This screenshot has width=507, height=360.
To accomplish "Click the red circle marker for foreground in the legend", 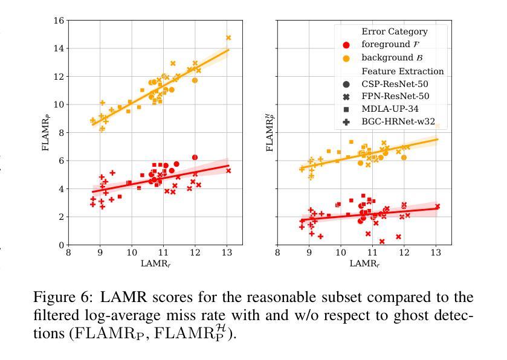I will pyautogui.click(x=346, y=45).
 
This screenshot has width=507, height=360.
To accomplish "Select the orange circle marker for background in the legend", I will pyautogui.click(x=346, y=58).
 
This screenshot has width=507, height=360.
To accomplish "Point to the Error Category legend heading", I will pyautogui.click(x=394, y=31).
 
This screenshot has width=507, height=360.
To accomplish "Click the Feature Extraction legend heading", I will pyautogui.click(x=402, y=71).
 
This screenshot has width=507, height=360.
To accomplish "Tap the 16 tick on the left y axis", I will pyautogui.click(x=59, y=21).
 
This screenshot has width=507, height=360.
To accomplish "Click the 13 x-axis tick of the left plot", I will pyautogui.click(x=227, y=254).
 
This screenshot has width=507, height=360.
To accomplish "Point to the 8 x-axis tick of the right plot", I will pyautogui.click(x=277, y=254).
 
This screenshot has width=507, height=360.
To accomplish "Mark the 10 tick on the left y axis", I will pyautogui.click(x=59, y=104).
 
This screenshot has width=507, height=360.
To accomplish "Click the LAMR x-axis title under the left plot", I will pyautogui.click(x=155, y=263).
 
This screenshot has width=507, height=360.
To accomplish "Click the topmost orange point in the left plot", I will pyautogui.click(x=228, y=38).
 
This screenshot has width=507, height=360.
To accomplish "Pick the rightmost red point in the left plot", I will pyautogui.click(x=228, y=171).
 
